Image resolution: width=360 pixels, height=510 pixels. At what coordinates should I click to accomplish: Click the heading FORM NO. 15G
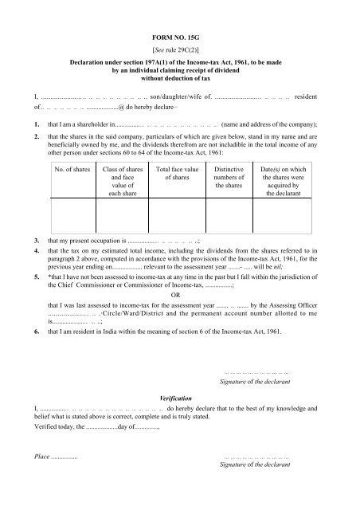180,37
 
